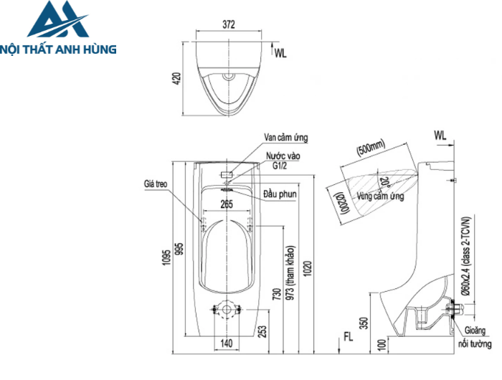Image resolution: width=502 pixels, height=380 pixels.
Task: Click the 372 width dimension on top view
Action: click(229, 24)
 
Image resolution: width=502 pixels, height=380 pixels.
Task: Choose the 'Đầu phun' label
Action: click(280, 194)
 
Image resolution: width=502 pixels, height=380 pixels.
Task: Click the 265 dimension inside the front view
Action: click(227, 204)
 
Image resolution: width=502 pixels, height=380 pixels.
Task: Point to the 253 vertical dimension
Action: click(262, 331)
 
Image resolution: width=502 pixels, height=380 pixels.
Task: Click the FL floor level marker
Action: click(348, 336)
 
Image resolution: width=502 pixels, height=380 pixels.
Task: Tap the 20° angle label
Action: click(385, 181)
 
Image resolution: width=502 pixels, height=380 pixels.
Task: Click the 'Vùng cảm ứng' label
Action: click(381, 196)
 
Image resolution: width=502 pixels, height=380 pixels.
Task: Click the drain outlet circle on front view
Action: click(227, 310)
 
